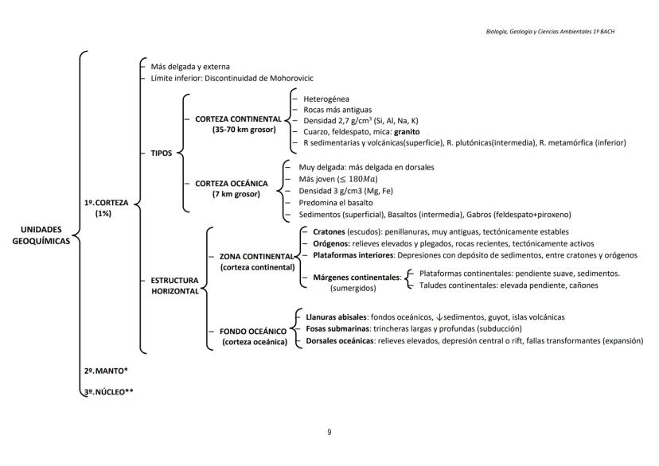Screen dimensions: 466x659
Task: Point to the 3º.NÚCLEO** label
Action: tap(108, 390)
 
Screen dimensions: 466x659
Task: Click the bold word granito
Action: tap(405, 130)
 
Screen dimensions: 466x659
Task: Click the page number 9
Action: tap(329, 432)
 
